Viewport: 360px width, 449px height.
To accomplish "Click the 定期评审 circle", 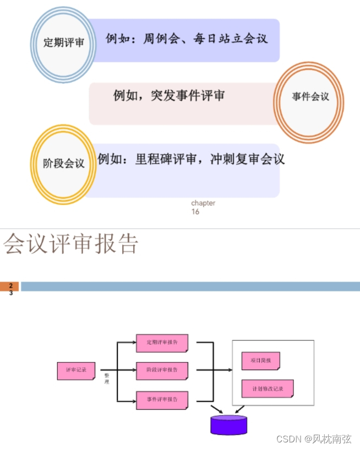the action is [64, 42].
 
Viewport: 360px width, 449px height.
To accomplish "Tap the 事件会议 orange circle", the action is [309, 97].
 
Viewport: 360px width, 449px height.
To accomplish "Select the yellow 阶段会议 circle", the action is [64, 164].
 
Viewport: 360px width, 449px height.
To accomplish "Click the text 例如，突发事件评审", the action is [169, 95].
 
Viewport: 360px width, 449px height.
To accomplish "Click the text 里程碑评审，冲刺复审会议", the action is [191, 160].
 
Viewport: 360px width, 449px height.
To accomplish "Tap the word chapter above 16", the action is [203, 203].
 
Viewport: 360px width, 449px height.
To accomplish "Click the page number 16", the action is [195, 212].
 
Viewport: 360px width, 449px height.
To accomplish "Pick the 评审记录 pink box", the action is [76, 370].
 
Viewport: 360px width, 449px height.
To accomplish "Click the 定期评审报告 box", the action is [162, 343].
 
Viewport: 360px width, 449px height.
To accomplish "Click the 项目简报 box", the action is [260, 361].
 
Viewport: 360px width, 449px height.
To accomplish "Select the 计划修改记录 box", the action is [268, 388].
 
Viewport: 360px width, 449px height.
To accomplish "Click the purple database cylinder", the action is [228, 424].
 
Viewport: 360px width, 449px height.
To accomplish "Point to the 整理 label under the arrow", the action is [107, 378].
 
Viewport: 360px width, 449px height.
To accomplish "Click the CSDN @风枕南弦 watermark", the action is [313, 439].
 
